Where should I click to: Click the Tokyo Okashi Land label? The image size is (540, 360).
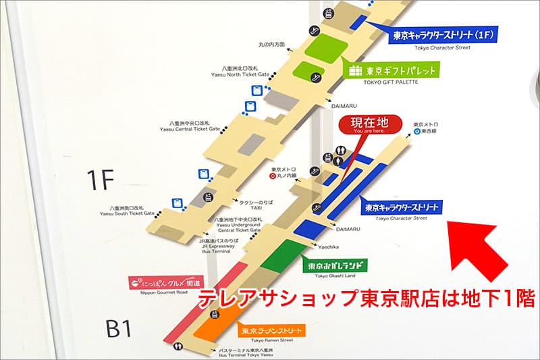335,265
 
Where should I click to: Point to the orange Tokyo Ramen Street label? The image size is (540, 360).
269,330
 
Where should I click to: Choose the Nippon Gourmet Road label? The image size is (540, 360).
165,283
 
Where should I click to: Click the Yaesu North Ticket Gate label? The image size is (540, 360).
245,71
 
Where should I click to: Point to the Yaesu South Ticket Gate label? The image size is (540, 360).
128,211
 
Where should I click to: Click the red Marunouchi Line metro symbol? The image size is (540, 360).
273,176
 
